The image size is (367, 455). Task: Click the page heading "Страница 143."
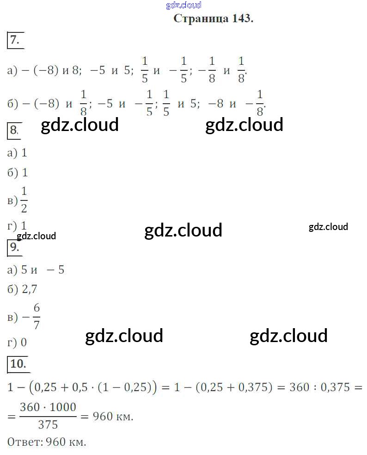(213, 19)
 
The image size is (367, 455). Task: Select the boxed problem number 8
(14, 131)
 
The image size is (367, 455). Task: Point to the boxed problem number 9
(15, 247)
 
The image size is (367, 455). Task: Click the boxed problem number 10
(18, 364)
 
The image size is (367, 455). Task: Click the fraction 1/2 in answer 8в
(24, 200)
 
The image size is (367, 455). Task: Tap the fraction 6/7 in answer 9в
(37, 317)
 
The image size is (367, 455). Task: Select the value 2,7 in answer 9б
(29, 290)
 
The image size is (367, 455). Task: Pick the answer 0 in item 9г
(24, 343)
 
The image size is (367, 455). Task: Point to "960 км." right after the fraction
(113, 417)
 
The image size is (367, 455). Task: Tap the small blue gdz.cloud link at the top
(183, 5)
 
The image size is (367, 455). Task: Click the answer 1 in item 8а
(24, 153)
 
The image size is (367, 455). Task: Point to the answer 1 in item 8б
(25, 173)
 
